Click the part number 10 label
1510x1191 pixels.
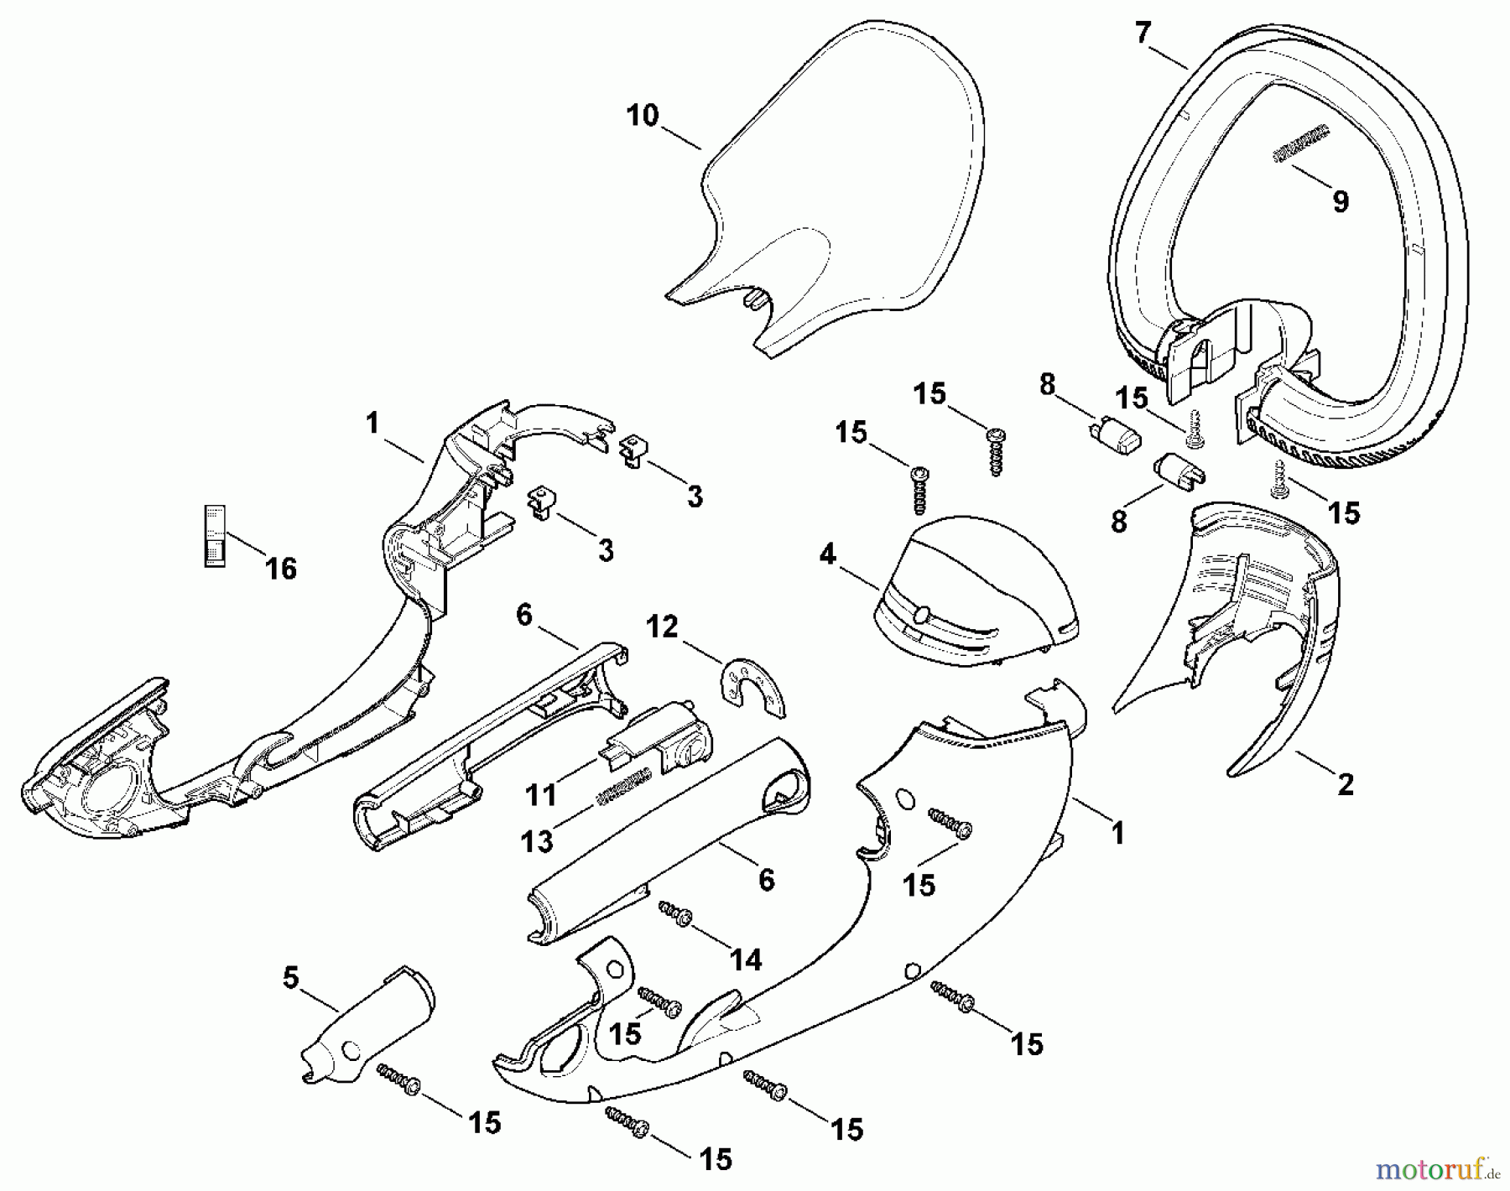point(643,116)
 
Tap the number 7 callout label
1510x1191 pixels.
point(1142,33)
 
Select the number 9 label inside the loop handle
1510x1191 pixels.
point(1340,201)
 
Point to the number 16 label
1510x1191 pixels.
point(281,569)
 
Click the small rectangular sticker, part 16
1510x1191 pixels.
point(216,536)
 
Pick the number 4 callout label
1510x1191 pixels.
point(828,554)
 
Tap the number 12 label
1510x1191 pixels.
point(662,626)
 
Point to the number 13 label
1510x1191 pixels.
point(537,841)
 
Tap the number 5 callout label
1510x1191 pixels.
point(290,978)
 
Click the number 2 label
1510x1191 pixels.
point(1345,784)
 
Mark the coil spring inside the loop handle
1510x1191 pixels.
point(1301,143)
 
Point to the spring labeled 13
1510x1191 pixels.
point(624,789)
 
